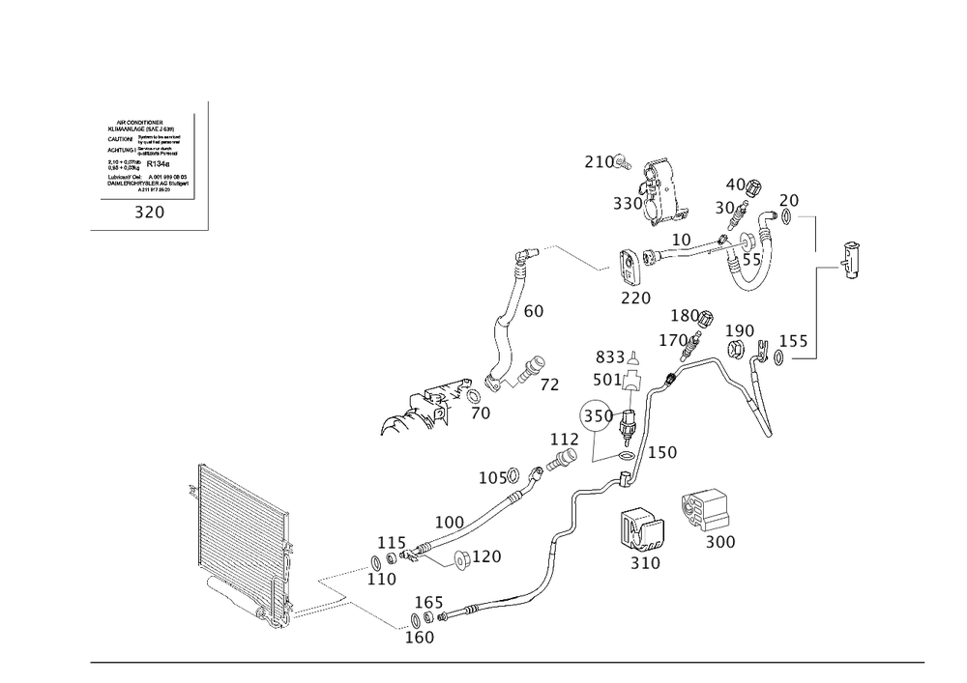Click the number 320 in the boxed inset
149,213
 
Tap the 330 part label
628,205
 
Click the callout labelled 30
725,208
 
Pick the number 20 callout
788,200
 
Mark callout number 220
635,299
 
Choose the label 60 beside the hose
534,312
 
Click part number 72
549,384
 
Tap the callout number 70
481,413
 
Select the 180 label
684,316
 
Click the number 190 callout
741,331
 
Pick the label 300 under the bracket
720,543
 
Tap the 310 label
645,562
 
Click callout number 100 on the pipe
450,523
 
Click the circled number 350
597,417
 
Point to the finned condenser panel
240,546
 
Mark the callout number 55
751,259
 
